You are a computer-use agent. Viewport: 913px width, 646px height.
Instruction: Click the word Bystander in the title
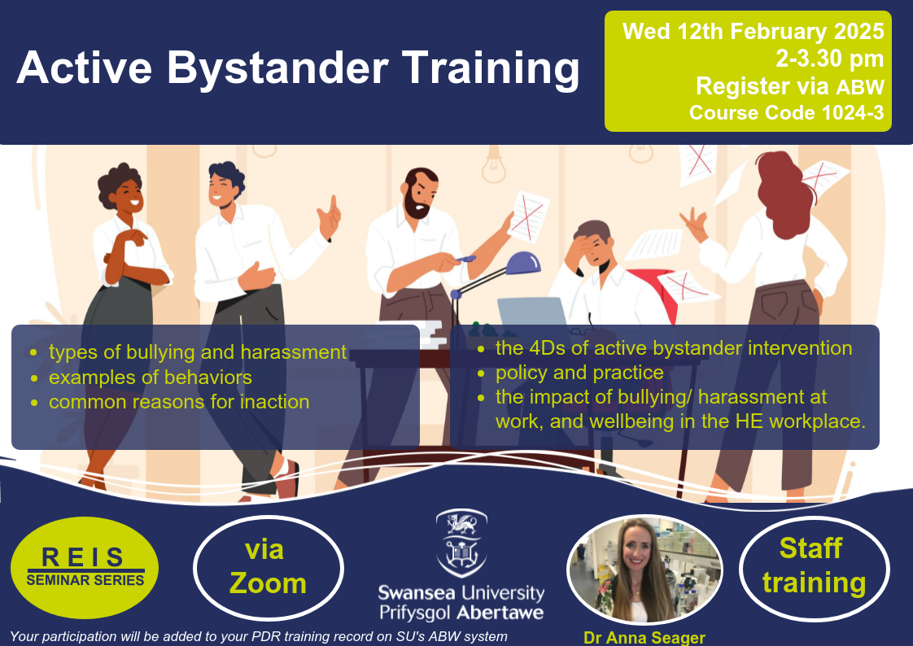pos(278,68)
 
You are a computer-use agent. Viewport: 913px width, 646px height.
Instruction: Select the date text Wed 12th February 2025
pos(754,32)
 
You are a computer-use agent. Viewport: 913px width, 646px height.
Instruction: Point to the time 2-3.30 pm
pos(830,59)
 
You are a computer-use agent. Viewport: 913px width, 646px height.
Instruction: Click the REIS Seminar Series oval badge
pos(85,567)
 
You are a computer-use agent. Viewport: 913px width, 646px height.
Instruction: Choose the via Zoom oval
pos(269,568)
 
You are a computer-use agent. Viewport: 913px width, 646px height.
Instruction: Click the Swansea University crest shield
pos(461,543)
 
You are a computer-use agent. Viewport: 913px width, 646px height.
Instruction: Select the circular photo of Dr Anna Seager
pos(644,570)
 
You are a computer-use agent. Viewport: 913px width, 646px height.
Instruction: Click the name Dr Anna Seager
pos(644,638)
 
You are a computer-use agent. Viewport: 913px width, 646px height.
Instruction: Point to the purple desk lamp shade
pos(523,263)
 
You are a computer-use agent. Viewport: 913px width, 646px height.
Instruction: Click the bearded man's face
pos(419,194)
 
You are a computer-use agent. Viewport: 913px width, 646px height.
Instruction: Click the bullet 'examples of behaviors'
pos(151,378)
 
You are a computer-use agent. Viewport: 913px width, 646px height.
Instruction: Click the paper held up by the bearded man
pos(528,217)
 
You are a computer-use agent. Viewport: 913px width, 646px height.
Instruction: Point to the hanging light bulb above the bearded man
pos(494,164)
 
